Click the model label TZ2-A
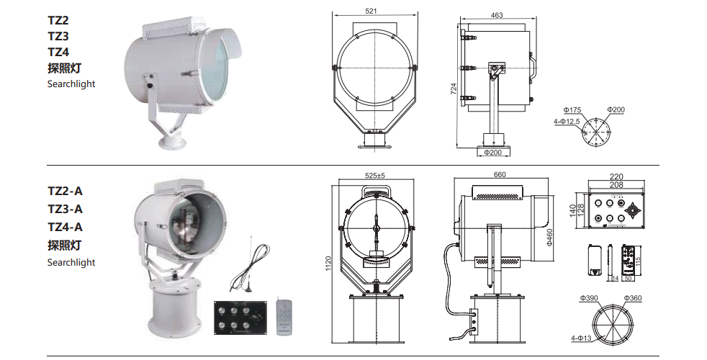pyautogui.click(x=65, y=192)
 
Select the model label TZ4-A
pyautogui.click(x=65, y=227)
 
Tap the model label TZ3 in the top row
pyautogui.click(x=58, y=36)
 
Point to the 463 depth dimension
pyautogui.click(x=496, y=14)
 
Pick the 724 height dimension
pyautogui.click(x=454, y=88)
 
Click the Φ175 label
pyautogui.click(x=573, y=110)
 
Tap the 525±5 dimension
pyautogui.click(x=376, y=175)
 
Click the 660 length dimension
pyautogui.click(x=499, y=174)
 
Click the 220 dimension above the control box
pyautogui.click(x=616, y=176)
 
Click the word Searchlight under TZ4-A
pyautogui.click(x=71, y=263)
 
